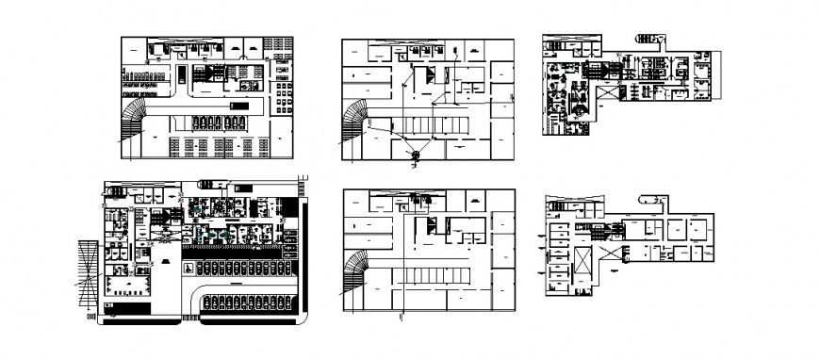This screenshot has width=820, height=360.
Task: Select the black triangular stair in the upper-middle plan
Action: [x=430, y=78]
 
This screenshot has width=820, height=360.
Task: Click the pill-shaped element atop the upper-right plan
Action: [x=650, y=37]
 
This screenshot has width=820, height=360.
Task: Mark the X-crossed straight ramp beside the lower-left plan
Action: [x=88, y=273]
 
